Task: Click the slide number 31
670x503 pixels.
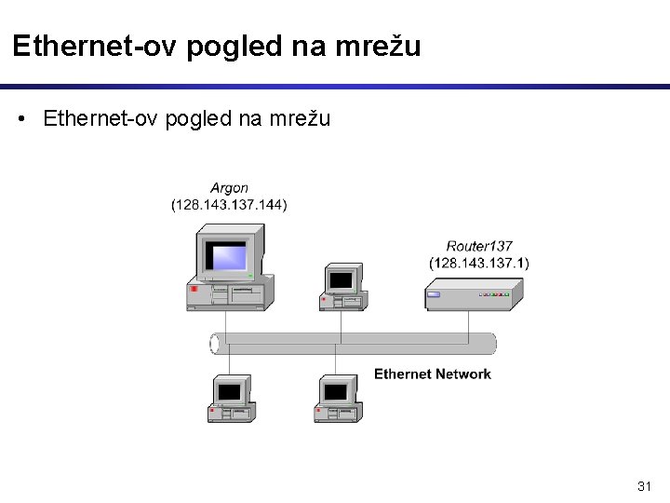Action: pyautogui.click(x=644, y=486)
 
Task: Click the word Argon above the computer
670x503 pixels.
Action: pyautogui.click(x=229, y=188)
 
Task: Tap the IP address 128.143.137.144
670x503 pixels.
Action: pyautogui.click(x=229, y=205)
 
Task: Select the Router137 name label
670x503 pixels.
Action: pyautogui.click(x=479, y=247)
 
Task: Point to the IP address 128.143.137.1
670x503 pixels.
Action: pyautogui.click(x=479, y=263)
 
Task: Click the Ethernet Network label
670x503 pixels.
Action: pyautogui.click(x=432, y=374)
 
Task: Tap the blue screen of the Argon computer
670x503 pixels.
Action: pyautogui.click(x=227, y=254)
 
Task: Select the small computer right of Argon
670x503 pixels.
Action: pyautogui.click(x=342, y=287)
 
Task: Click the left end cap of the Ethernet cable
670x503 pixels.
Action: pyautogui.click(x=216, y=344)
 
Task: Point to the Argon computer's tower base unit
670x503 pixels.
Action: pyautogui.click(x=229, y=293)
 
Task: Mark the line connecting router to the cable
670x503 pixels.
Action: pyautogui.click(x=469, y=322)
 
